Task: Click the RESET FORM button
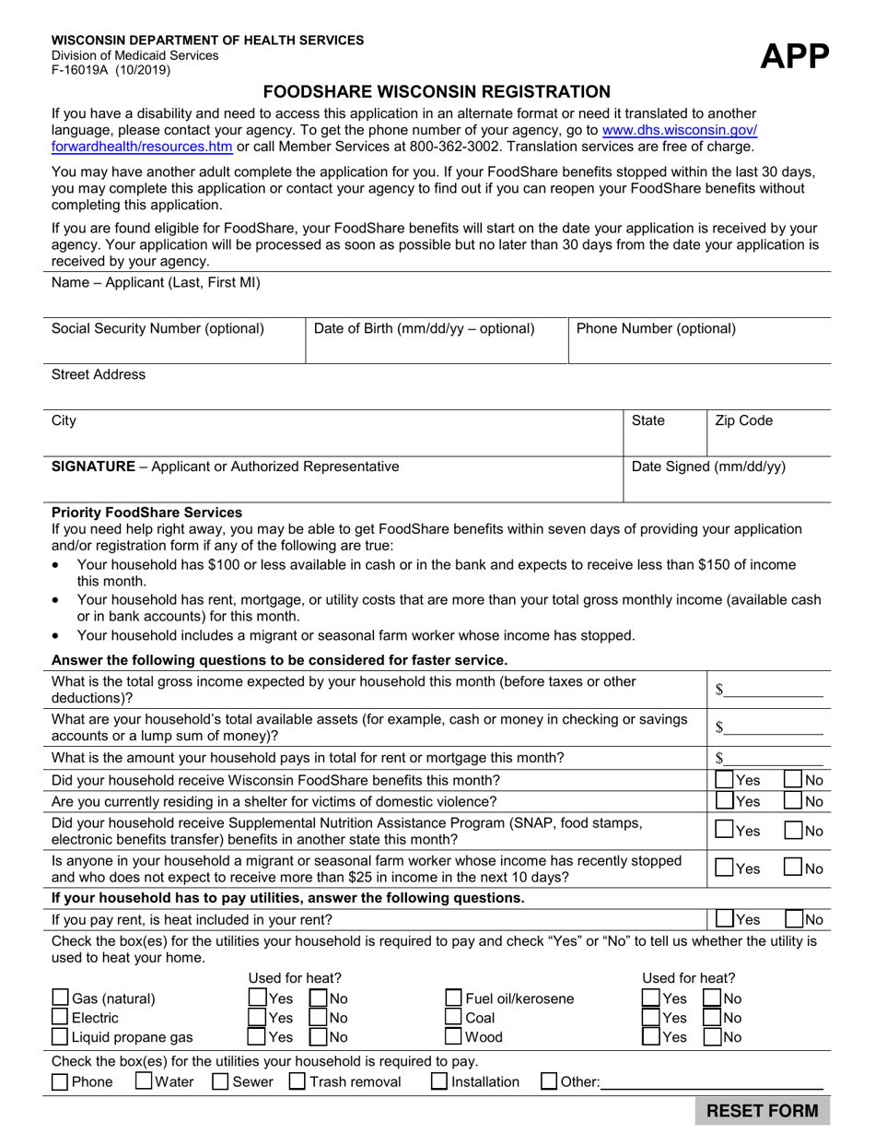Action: click(762, 1110)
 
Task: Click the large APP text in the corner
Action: click(794, 57)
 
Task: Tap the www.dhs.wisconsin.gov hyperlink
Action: click(680, 131)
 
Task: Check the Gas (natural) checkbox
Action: click(61, 998)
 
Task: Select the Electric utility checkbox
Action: click(61, 1017)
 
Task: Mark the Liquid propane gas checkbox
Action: click(61, 1036)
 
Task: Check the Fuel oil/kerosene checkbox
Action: click(454, 998)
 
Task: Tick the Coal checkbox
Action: click(454, 1017)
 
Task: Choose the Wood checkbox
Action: click(454, 1036)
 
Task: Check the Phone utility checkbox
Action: click(61, 1081)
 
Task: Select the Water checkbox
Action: click(144, 1081)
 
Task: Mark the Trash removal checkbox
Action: click(297, 1081)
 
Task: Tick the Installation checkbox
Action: click(440, 1081)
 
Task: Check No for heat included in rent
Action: click(794, 918)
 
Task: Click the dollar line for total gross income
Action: click(774, 691)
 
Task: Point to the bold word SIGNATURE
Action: click(93, 467)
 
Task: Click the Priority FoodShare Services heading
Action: click(146, 512)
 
